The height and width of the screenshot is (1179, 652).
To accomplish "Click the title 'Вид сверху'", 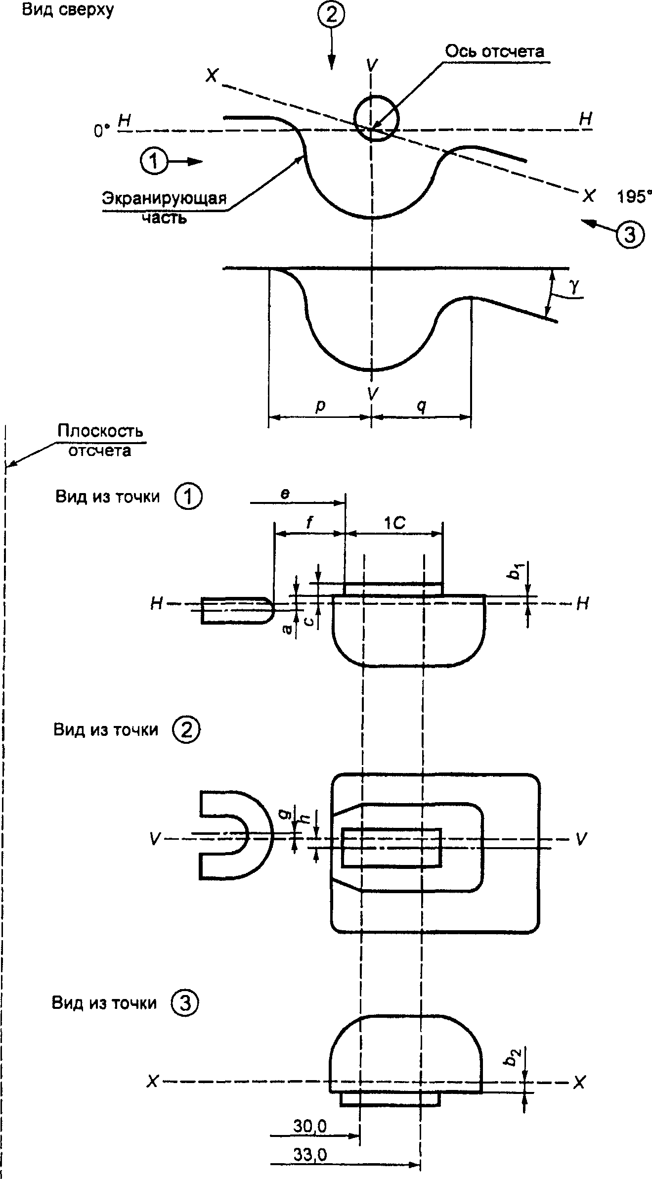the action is [68, 10].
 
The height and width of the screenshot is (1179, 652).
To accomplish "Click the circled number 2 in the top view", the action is [331, 14].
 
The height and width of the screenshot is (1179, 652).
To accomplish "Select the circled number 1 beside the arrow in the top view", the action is [154, 161].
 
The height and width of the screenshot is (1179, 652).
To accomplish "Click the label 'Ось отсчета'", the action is [495, 51].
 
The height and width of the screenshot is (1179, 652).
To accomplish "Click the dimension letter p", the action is [321, 406].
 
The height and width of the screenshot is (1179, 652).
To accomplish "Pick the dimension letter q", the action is [421, 406].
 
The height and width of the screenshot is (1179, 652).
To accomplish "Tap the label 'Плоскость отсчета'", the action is [100, 440].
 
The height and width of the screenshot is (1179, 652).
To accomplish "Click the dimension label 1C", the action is [395, 523].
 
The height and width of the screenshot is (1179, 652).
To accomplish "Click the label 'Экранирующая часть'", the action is [165, 208].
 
